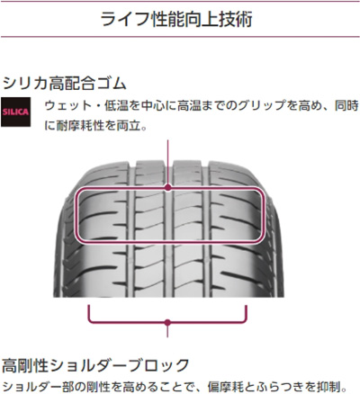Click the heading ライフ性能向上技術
point(176,19)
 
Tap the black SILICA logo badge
point(15,112)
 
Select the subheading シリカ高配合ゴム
point(64,84)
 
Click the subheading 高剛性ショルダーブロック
point(95,365)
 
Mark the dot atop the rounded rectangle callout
point(168,188)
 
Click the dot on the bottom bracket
point(167,323)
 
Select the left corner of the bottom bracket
point(89,322)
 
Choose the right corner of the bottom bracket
point(247,322)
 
